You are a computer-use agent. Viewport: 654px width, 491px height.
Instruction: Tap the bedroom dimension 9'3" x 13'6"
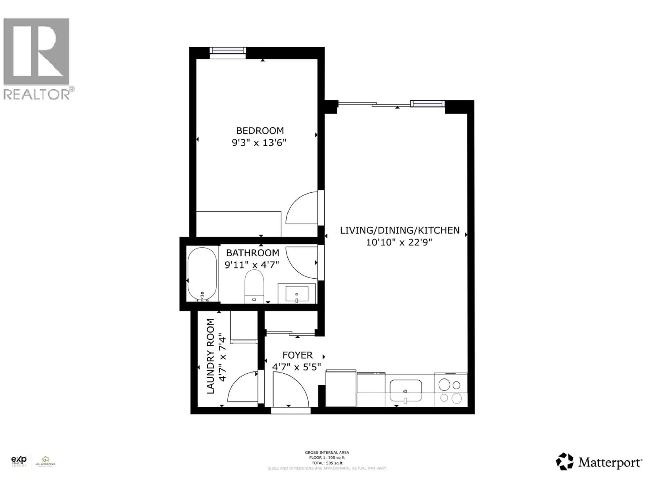(x=259, y=143)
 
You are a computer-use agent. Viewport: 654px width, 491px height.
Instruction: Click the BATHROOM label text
(x=253, y=253)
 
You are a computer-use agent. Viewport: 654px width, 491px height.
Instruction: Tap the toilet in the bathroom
(x=254, y=286)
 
